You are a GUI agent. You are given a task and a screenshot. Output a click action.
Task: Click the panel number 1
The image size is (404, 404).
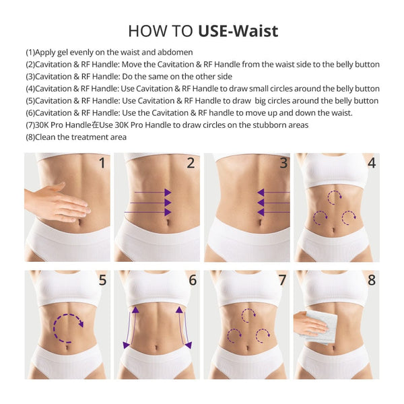[x=102, y=162]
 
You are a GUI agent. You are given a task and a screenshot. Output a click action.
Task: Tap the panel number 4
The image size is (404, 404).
[x=372, y=162]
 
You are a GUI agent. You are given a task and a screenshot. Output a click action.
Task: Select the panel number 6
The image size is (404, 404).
[x=193, y=279]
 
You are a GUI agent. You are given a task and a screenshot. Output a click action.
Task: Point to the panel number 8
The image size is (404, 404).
[x=372, y=279]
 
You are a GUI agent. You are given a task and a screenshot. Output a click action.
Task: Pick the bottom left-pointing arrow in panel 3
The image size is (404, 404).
[x=273, y=212]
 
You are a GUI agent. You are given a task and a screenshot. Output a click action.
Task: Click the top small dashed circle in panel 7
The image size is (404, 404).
[x=248, y=314]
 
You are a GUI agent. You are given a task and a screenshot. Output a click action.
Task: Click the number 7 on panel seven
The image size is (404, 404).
[x=282, y=279]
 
